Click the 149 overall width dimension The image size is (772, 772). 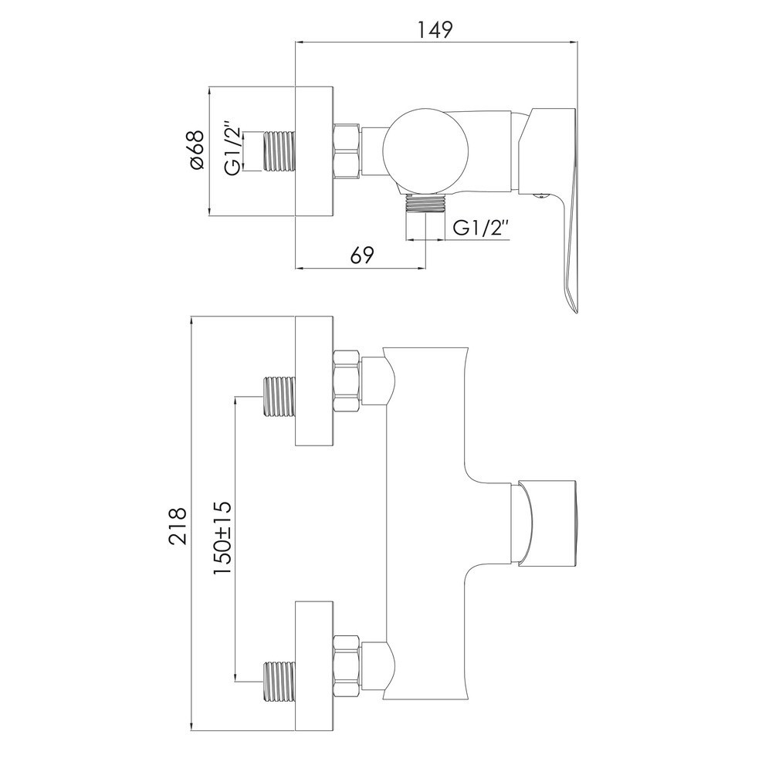435,29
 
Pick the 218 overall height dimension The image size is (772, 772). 177,526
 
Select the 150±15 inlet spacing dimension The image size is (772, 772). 223,537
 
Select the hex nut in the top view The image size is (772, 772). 347,151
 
